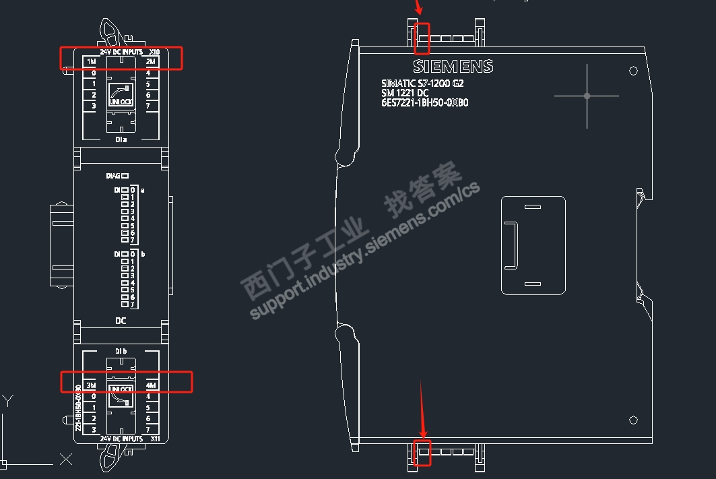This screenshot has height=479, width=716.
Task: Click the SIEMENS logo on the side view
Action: pyautogui.click(x=453, y=67)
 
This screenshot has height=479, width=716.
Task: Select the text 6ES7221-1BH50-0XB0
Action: pyautogui.click(x=424, y=103)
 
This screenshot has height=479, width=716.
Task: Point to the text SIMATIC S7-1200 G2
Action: pyautogui.click(x=422, y=84)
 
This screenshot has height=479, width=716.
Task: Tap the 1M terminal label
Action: pyautogui.click(x=92, y=62)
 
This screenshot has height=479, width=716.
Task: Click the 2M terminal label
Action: pyautogui.click(x=151, y=62)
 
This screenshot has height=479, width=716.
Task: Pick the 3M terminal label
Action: pyautogui.click(x=92, y=385)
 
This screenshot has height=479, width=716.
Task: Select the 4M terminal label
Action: pyautogui.click(x=151, y=385)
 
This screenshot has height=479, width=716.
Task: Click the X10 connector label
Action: pyautogui.click(x=154, y=52)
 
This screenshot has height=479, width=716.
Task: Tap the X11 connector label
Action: pyautogui.click(x=155, y=439)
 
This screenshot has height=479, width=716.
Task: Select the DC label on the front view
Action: pyautogui.click(x=121, y=321)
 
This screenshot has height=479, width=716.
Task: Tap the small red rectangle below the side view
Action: pyautogui.click(x=422, y=452)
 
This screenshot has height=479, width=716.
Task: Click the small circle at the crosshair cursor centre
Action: pyautogui.click(x=587, y=96)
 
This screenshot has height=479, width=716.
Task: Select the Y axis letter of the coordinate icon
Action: pyautogui.click(x=9, y=401)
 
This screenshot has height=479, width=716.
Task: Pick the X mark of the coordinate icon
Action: pyautogui.click(x=65, y=459)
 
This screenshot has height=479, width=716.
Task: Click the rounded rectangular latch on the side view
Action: pyautogui.click(x=533, y=245)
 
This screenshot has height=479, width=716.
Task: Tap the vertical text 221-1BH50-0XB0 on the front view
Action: pyautogui.click(x=78, y=408)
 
